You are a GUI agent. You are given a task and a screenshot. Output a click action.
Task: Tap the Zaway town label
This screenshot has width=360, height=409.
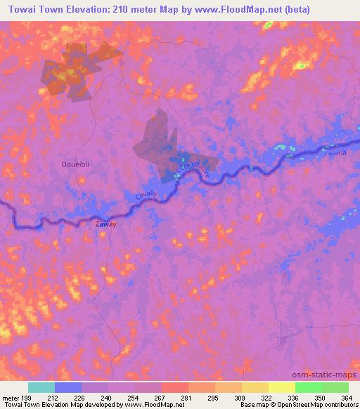point(105,225)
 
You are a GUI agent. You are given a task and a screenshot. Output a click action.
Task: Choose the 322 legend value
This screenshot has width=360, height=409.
point(266,397)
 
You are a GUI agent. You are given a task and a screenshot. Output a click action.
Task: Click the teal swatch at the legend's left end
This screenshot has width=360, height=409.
point(41,387)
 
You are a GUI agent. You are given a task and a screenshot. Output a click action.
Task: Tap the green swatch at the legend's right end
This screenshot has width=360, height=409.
point(335,387)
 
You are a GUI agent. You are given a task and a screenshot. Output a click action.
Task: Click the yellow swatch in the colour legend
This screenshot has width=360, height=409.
point(281,387)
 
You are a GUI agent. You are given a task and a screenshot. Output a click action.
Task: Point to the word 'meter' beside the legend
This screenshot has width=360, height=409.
point(11,397)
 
